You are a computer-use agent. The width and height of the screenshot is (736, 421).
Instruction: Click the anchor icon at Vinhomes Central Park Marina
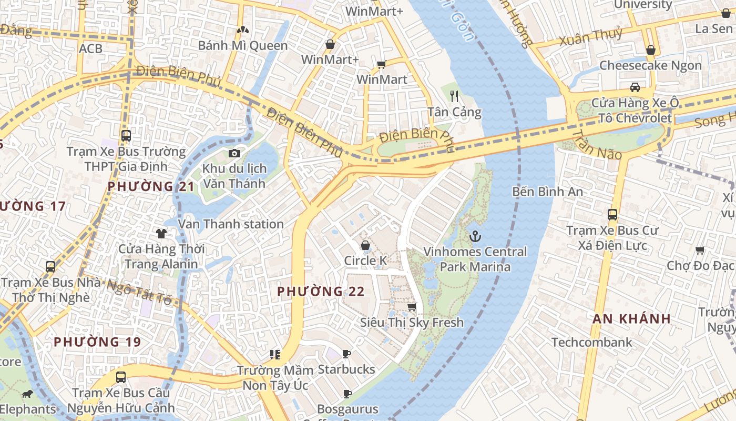tap(475, 236)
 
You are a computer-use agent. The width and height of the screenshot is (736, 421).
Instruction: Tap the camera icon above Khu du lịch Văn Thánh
tap(234, 154)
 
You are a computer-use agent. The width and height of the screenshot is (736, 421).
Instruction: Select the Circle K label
tap(365, 260)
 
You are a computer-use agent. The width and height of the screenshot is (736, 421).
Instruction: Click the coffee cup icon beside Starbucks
tap(346, 354)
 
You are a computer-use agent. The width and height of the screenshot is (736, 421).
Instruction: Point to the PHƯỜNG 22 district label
tap(321, 291)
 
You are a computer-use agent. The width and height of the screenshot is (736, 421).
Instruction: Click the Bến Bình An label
tap(547, 192)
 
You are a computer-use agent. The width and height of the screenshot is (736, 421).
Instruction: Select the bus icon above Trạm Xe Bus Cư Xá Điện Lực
tap(612, 214)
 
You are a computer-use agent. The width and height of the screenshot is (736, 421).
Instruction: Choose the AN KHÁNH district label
tap(631, 318)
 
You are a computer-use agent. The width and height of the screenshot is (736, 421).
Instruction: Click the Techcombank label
tap(591, 342)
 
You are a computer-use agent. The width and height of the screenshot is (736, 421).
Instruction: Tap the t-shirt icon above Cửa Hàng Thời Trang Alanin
tap(161, 233)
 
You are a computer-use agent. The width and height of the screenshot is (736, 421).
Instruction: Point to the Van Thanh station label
tap(231, 224)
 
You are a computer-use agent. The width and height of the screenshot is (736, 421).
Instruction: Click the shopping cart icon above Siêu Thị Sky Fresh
tap(412, 306)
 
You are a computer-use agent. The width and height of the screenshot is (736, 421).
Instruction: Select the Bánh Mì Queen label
tap(243, 45)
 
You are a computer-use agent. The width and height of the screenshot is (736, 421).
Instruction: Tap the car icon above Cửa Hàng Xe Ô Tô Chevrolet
tap(635, 87)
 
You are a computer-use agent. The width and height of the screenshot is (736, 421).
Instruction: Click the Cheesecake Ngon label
tap(650, 65)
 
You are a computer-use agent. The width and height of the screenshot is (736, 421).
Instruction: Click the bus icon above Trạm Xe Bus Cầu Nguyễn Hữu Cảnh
tap(121, 377)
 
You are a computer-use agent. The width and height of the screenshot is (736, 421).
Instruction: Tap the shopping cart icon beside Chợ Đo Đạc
tap(700, 250)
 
